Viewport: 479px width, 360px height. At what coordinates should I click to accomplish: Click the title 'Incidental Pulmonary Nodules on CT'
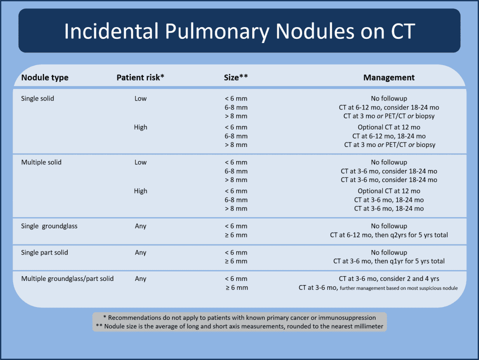(x=239, y=31)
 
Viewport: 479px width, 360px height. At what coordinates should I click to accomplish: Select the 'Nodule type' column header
(x=45, y=78)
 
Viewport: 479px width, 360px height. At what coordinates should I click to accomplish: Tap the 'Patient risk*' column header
(x=140, y=78)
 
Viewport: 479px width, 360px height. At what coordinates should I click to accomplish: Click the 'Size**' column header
(x=236, y=78)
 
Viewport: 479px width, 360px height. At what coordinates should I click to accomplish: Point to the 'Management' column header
(x=389, y=78)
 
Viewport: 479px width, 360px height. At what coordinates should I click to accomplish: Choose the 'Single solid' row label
(x=37, y=99)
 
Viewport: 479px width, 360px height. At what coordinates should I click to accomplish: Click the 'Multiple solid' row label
(x=41, y=162)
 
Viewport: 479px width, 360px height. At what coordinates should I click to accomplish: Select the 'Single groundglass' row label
(x=49, y=226)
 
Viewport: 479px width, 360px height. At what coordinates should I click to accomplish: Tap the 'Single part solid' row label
(x=44, y=253)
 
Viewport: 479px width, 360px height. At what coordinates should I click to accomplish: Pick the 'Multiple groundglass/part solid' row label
(x=67, y=279)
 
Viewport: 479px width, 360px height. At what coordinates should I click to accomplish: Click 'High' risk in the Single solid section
(x=140, y=127)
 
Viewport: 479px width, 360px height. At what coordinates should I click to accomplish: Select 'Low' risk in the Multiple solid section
(x=140, y=162)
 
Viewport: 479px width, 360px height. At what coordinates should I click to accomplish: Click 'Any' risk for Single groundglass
(x=140, y=226)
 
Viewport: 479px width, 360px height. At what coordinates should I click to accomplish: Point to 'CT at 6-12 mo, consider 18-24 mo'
(x=389, y=108)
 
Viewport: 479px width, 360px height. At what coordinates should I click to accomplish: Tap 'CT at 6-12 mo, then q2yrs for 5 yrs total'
(x=389, y=235)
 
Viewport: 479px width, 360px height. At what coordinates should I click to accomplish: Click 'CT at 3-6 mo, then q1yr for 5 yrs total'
(x=389, y=261)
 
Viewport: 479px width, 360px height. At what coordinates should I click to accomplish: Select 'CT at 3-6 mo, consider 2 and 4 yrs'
(x=389, y=279)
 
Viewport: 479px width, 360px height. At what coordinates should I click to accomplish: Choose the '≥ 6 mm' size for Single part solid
(x=236, y=261)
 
